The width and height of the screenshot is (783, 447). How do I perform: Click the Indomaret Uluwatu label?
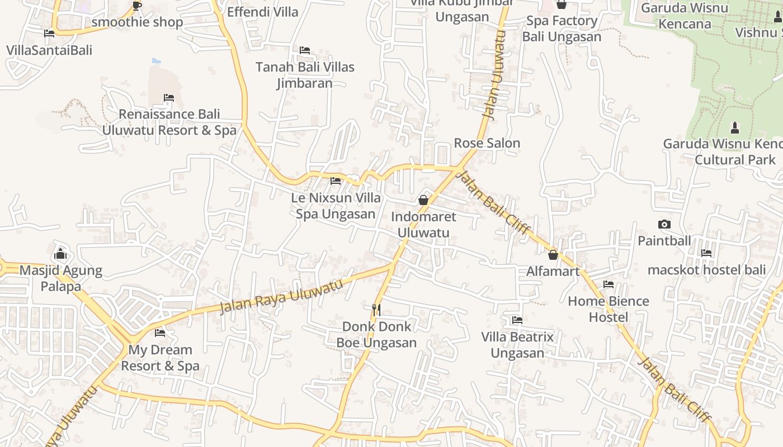coord(423,225)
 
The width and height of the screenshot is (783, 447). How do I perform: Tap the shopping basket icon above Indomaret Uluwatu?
coord(423,200)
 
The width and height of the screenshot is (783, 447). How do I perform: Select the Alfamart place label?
coord(553,271)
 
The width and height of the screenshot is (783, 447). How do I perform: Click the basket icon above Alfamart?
coord(553,255)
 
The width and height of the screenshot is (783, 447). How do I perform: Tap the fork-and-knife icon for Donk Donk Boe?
coord(376,309)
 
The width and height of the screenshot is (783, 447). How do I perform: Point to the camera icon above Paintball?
coord(664,225)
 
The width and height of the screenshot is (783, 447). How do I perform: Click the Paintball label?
coord(664,241)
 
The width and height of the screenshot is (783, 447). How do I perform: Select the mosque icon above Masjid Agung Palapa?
coord(61,254)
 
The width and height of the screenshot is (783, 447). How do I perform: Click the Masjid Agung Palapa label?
coord(61,278)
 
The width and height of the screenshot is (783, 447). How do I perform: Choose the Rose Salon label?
coord(487,143)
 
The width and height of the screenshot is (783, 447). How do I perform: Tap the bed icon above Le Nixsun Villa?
coord(336,181)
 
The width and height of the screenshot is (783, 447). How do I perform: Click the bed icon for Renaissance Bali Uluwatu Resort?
coord(169,98)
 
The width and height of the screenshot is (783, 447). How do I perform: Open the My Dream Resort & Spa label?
coord(160,358)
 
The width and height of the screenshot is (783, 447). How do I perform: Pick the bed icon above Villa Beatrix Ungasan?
coord(517,320)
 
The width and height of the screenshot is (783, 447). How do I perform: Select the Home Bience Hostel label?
coord(609,309)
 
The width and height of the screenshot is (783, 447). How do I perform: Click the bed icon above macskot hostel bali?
coord(706,253)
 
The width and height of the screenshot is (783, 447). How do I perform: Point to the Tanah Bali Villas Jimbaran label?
coord(305,75)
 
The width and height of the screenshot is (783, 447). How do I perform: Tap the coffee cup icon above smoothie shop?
coord(137,6)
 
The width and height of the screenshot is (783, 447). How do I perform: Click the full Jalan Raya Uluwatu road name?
coord(281,296)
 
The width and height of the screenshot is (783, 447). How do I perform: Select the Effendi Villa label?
coord(263,12)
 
